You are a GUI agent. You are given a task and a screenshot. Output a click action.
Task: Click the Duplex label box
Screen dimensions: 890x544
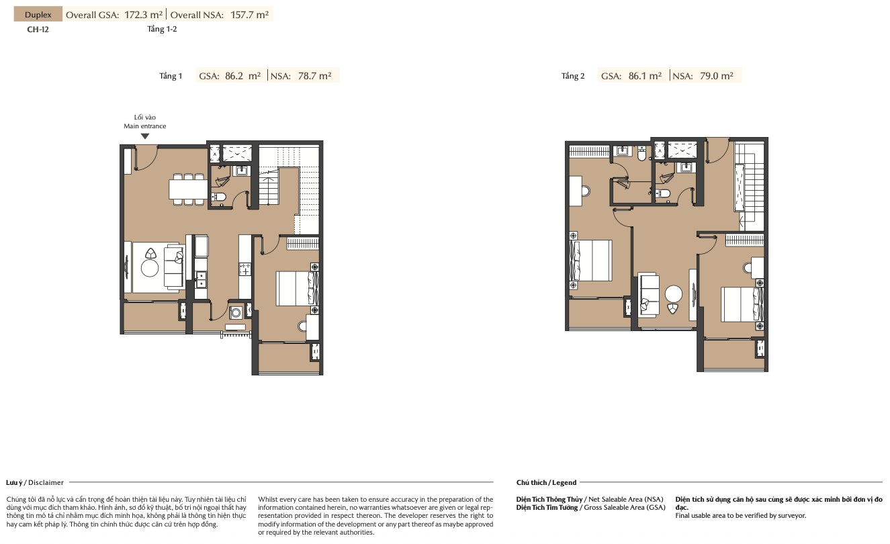point(38,14)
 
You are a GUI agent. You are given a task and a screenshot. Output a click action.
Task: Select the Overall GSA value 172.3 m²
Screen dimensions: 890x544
point(144,15)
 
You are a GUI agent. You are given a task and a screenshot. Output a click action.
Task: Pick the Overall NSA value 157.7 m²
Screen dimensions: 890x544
point(249,15)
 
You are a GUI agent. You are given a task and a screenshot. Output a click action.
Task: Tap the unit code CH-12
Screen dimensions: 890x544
point(38,30)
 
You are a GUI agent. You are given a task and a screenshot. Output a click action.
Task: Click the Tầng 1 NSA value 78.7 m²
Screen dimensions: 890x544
point(314,76)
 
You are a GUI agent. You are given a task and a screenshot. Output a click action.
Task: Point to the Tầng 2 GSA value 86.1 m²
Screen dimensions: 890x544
point(645,76)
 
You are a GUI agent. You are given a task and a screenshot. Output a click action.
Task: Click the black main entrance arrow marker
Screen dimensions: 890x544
point(145,136)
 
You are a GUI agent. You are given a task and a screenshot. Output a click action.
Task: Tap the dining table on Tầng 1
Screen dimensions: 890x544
point(188,189)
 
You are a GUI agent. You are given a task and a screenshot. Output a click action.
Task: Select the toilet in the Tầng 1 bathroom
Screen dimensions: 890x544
point(218,197)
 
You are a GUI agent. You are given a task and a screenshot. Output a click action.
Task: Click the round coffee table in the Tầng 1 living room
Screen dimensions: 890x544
point(150,268)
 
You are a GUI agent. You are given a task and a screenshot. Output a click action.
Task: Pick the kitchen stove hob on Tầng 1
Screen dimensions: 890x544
point(244,269)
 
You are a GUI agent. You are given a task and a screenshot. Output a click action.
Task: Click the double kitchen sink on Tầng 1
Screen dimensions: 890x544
point(201,279)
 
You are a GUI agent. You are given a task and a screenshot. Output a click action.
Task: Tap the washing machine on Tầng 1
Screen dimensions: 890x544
point(236,312)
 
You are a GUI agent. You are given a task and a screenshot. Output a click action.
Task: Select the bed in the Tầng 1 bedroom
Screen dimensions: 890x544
point(297,289)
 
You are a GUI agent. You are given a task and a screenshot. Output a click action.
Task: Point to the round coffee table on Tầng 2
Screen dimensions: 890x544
point(674,294)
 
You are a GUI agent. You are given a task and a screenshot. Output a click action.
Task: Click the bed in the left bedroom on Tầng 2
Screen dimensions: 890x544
point(591,261)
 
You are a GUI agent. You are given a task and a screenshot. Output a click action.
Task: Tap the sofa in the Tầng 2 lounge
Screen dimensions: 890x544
point(648,295)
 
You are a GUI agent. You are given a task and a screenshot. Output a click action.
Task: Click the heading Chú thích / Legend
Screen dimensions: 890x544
point(546,482)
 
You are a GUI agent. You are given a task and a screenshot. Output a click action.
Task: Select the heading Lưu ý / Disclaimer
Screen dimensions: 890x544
point(35,482)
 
